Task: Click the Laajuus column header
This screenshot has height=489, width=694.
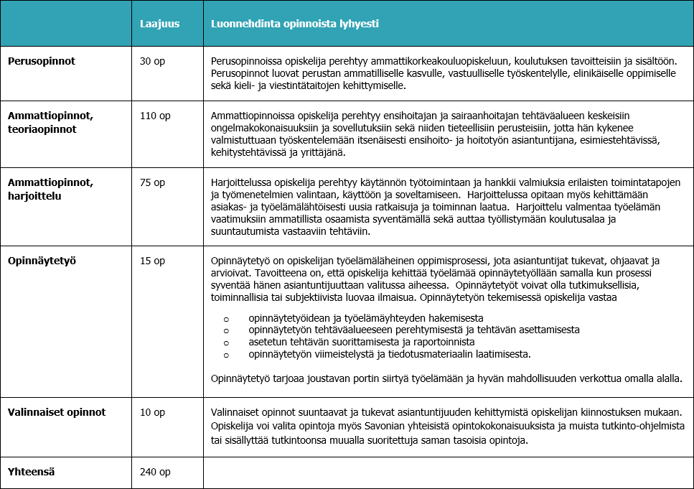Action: point(159,24)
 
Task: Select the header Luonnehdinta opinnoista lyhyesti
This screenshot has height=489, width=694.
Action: point(295,24)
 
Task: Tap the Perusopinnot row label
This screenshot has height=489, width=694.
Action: point(42,61)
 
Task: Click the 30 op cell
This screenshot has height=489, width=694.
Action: point(152,61)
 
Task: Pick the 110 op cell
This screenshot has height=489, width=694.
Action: point(155,115)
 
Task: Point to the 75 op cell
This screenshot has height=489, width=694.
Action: point(152,182)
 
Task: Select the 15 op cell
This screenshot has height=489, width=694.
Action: point(152,261)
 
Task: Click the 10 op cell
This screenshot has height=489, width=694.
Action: point(152,412)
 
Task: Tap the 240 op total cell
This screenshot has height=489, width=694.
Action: point(155,472)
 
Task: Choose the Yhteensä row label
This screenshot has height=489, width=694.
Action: point(32,472)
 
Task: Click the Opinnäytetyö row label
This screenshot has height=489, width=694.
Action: point(42,261)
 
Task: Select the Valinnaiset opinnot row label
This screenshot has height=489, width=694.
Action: point(57,412)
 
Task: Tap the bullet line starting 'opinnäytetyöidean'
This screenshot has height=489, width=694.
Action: point(365,317)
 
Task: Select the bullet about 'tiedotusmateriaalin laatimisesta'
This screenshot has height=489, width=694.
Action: point(388,354)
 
